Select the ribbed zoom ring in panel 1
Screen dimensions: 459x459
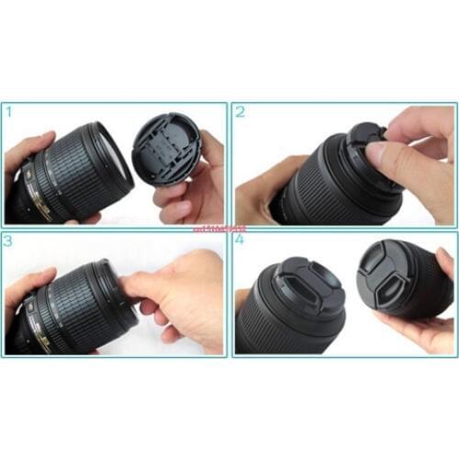click(x=78, y=174)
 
